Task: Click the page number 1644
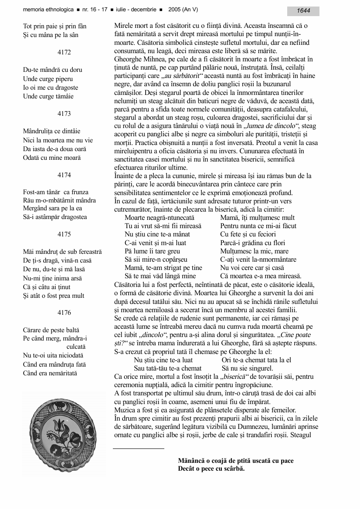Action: (x=303, y=11)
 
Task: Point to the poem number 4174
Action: (x=64, y=175)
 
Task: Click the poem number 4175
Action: (x=64, y=234)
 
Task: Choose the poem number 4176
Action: (x=64, y=313)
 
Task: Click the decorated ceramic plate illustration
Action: (x=64, y=433)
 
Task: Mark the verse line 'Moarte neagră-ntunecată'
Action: (x=160, y=217)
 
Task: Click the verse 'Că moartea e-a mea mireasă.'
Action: (x=261, y=276)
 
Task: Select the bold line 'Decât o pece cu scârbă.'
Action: (x=211, y=469)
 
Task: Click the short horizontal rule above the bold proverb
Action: (x=139, y=448)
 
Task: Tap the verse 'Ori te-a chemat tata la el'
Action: (x=256, y=360)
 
